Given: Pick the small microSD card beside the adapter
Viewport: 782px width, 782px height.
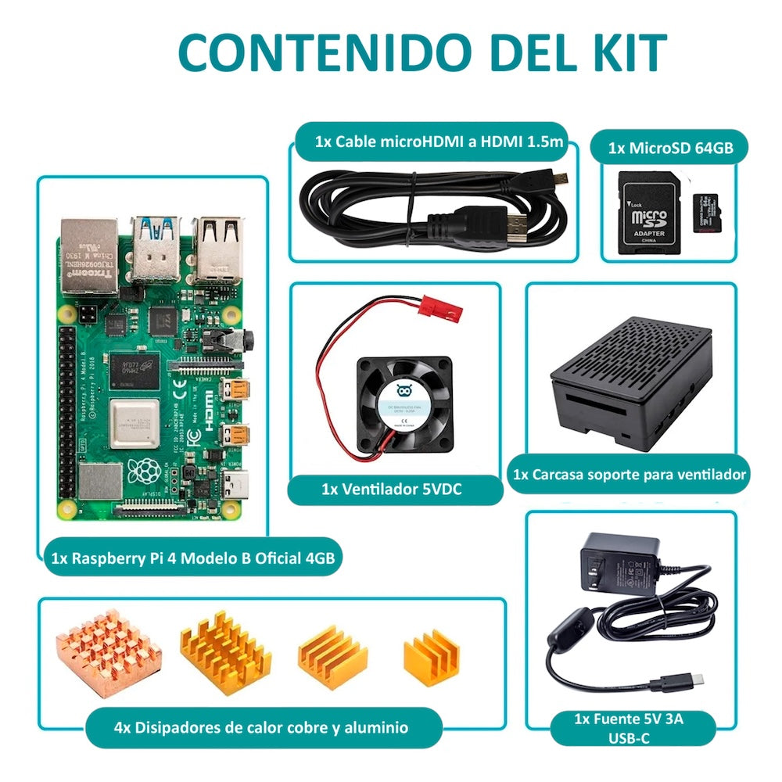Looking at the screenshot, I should click(711, 213).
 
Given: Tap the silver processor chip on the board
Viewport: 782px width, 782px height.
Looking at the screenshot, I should click(134, 421).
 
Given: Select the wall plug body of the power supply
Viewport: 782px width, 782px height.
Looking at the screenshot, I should click(618, 563).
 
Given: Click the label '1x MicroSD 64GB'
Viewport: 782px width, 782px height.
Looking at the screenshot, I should click(670, 148).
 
